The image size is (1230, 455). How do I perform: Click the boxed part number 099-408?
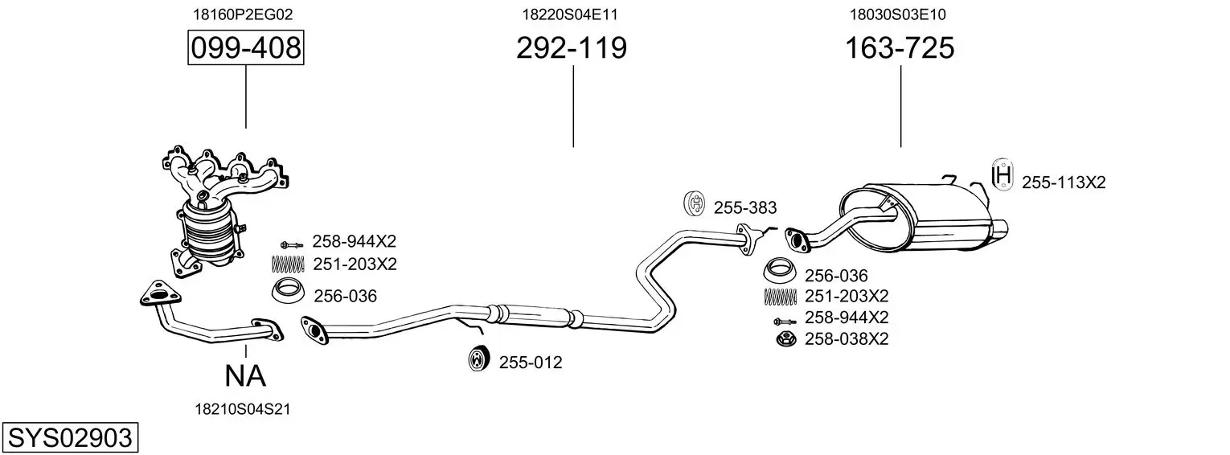pos(246,49)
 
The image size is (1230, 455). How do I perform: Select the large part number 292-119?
pos(571,49)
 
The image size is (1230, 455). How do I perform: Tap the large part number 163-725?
pos(899,49)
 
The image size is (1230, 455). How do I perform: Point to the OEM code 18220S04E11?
pos(570,14)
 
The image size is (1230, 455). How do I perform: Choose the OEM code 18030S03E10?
pos(898,14)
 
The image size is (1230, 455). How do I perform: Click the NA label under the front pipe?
pos(245,375)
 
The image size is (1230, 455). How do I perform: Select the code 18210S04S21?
pos(242,409)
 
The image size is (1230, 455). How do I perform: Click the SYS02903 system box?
pos(69,438)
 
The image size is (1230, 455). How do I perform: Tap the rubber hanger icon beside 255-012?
pos(479,359)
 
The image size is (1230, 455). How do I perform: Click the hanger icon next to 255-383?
pos(694,205)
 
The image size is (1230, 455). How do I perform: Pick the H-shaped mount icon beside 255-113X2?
pos(1002,175)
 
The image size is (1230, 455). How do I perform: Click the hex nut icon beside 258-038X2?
pos(784,339)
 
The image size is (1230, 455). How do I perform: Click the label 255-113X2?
pos(1064,182)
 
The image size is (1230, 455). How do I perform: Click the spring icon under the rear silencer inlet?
pos(779,296)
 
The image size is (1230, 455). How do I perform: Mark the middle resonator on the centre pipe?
pos(535,316)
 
